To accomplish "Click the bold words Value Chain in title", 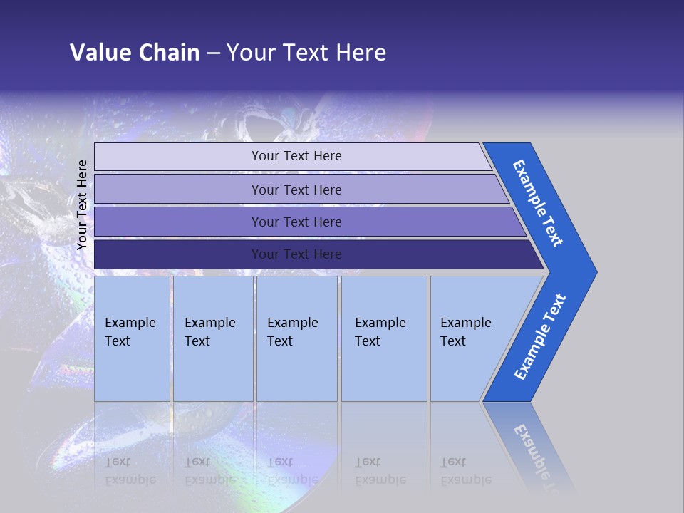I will click(135, 53).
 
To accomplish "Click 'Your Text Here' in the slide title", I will click(306, 53).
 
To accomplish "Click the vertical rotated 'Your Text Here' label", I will click(82, 204).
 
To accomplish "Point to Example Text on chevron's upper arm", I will click(538, 203).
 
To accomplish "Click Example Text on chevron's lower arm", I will click(539, 337).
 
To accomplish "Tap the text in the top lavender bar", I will click(296, 156).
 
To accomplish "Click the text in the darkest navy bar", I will click(296, 254).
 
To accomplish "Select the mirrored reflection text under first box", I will click(130, 471).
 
